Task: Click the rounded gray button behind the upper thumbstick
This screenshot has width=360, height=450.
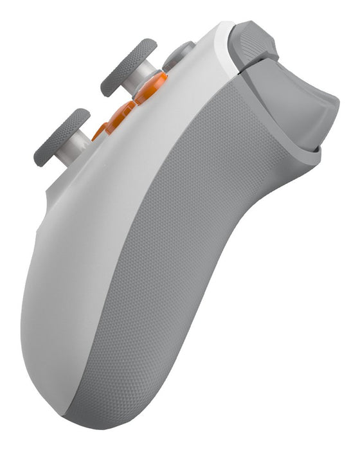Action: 179,54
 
